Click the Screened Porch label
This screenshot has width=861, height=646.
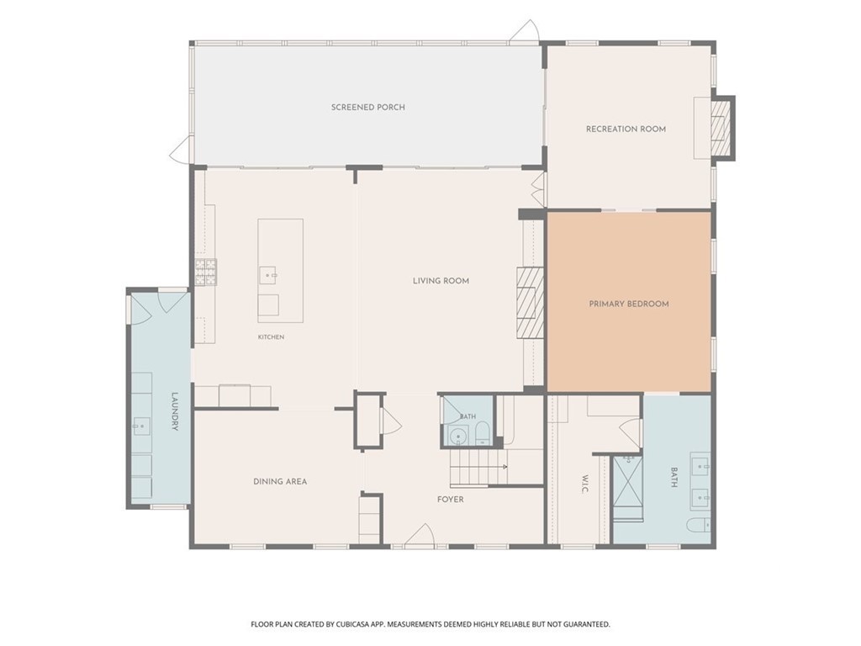[x=368, y=107]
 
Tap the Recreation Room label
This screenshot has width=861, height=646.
[x=626, y=129]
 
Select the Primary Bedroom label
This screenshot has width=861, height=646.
[x=629, y=304]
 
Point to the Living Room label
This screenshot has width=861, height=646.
[x=441, y=281]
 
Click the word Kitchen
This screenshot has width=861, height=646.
[x=272, y=336]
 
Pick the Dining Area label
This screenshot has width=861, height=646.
[x=280, y=482]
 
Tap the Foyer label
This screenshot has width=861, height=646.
[x=451, y=500]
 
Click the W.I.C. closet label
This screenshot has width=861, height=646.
[x=584, y=484]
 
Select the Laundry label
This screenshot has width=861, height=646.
[x=175, y=410]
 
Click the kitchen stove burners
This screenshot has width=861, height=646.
[x=206, y=272]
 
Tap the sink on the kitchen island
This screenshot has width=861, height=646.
[x=268, y=275]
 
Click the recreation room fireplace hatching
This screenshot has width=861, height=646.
[x=719, y=129]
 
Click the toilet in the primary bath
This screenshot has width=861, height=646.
[x=698, y=525]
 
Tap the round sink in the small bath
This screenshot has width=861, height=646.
[x=457, y=437]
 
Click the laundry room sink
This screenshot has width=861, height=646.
[x=141, y=425]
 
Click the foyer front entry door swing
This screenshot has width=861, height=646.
[x=420, y=536]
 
